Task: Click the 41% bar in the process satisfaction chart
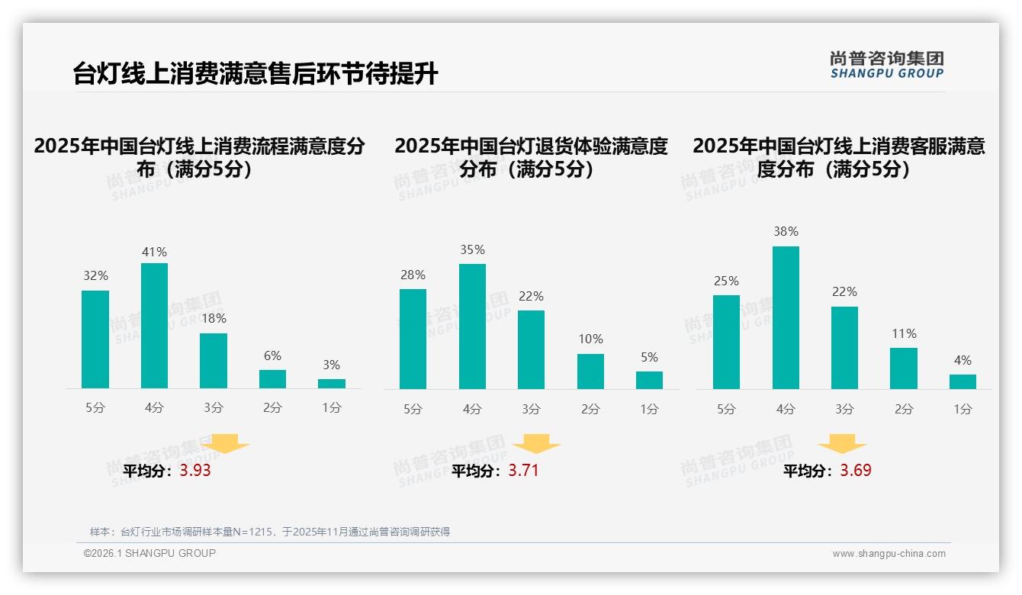[x=154, y=326]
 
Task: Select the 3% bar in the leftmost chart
[x=332, y=384]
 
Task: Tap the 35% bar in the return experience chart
[x=472, y=326]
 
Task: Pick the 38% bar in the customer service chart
[x=786, y=317]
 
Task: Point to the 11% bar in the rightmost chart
[x=904, y=368]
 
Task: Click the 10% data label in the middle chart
[x=590, y=339]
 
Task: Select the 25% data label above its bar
[x=726, y=281]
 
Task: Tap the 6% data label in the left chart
[x=272, y=355]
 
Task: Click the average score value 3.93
[x=195, y=471]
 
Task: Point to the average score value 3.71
[x=523, y=471]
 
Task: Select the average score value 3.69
[x=856, y=471]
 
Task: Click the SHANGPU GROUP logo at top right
[x=886, y=65]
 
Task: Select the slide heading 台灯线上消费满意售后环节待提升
[x=256, y=74]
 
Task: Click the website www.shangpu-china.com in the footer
[x=889, y=554]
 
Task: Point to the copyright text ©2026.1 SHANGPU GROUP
[x=149, y=553]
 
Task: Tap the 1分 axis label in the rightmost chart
[x=963, y=410]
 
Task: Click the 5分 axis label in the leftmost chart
[x=95, y=408]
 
